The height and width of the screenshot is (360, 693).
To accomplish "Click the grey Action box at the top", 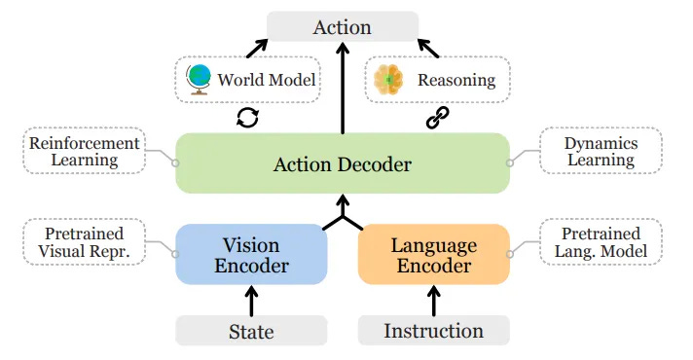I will click(x=342, y=26).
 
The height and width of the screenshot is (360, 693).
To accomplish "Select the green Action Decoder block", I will click(x=342, y=163).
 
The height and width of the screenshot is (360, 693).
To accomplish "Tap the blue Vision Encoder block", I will click(x=251, y=255).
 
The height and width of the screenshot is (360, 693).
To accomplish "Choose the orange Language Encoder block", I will click(x=433, y=255).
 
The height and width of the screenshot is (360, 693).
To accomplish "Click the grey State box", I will click(x=251, y=331).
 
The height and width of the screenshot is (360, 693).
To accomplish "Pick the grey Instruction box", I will click(x=433, y=331).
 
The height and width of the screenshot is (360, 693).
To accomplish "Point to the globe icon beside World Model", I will click(x=199, y=79).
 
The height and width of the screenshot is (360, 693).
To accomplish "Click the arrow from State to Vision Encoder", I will click(x=251, y=299).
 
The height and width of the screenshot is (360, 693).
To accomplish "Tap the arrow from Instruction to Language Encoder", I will click(x=434, y=299).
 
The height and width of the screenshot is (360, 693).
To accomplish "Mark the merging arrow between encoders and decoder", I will click(x=342, y=213).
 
